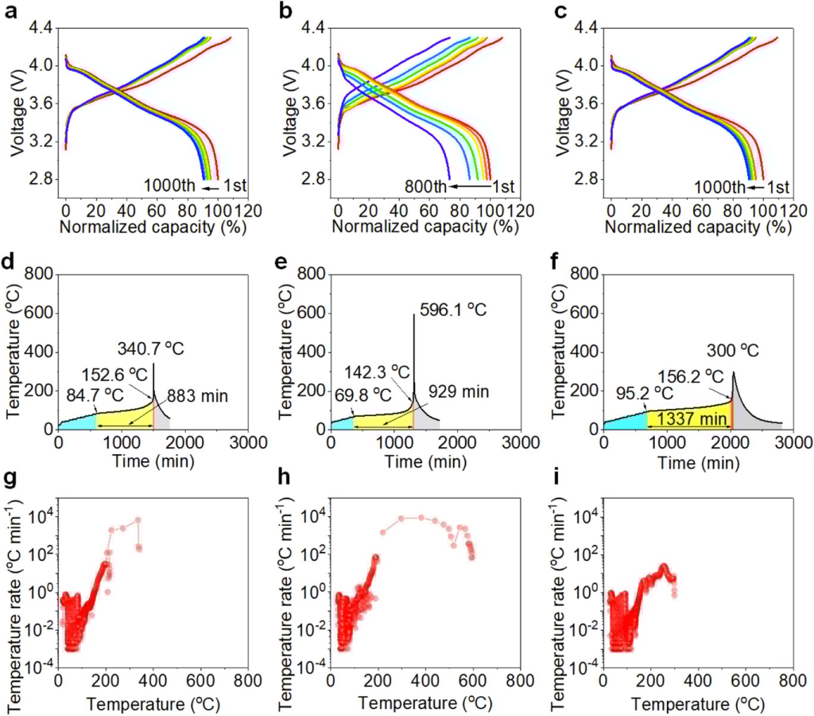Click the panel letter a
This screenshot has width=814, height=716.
pyautogui.click(x=10, y=14)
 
